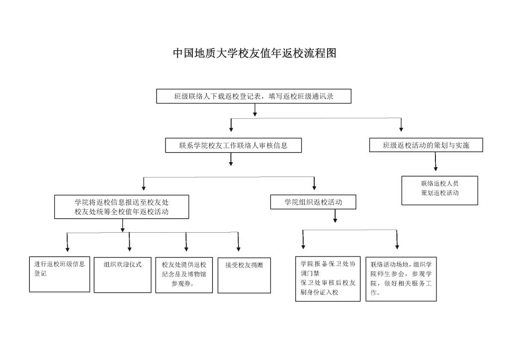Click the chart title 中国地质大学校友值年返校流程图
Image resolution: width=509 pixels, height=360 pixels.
254,53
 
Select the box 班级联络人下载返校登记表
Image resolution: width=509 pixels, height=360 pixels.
254,96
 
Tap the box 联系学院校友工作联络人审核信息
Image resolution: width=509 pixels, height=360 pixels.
234,145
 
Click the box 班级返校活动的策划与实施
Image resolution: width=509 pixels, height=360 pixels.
426,145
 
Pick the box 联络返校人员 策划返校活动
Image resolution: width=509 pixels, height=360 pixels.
439,190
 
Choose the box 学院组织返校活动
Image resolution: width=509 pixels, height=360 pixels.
313,202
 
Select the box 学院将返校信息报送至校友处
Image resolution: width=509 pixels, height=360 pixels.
121,207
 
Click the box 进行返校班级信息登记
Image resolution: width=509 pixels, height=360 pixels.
60,274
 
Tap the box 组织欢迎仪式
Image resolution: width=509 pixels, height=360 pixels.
122,275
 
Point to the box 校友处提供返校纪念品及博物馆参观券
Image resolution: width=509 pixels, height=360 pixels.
184,275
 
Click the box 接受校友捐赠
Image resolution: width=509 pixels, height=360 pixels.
244,275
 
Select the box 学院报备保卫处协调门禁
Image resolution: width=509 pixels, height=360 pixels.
328,279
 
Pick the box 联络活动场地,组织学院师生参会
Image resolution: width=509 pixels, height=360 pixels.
401,279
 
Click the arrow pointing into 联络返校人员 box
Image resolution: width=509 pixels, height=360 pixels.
435,162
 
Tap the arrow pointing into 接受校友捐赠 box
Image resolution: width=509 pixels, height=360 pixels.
238,242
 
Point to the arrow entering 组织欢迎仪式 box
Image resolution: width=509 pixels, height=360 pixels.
130,242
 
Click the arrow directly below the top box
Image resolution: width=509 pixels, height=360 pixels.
255,110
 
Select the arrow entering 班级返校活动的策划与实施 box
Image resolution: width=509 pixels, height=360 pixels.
401,125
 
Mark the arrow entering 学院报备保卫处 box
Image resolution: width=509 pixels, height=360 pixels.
303,240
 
